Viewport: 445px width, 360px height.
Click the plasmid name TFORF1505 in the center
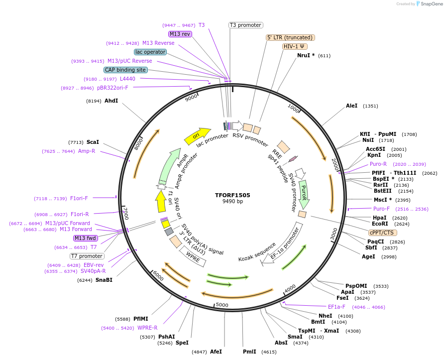click(232, 196)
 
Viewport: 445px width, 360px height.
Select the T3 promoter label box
click(245, 25)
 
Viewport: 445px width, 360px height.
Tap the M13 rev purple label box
click(180, 34)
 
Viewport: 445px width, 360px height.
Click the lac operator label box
click(150, 52)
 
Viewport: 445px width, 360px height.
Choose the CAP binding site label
click(125, 70)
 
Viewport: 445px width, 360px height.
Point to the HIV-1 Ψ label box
click(295, 46)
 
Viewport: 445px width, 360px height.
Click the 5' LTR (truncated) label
click(290, 37)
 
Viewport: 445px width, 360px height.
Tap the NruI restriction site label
click(306, 55)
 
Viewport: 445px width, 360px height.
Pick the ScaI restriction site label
click(93, 142)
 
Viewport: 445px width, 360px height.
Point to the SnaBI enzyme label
click(104, 280)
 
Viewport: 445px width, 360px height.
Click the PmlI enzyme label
click(249, 352)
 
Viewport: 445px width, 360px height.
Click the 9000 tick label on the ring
click(191, 98)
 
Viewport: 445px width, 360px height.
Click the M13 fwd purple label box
click(86, 238)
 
